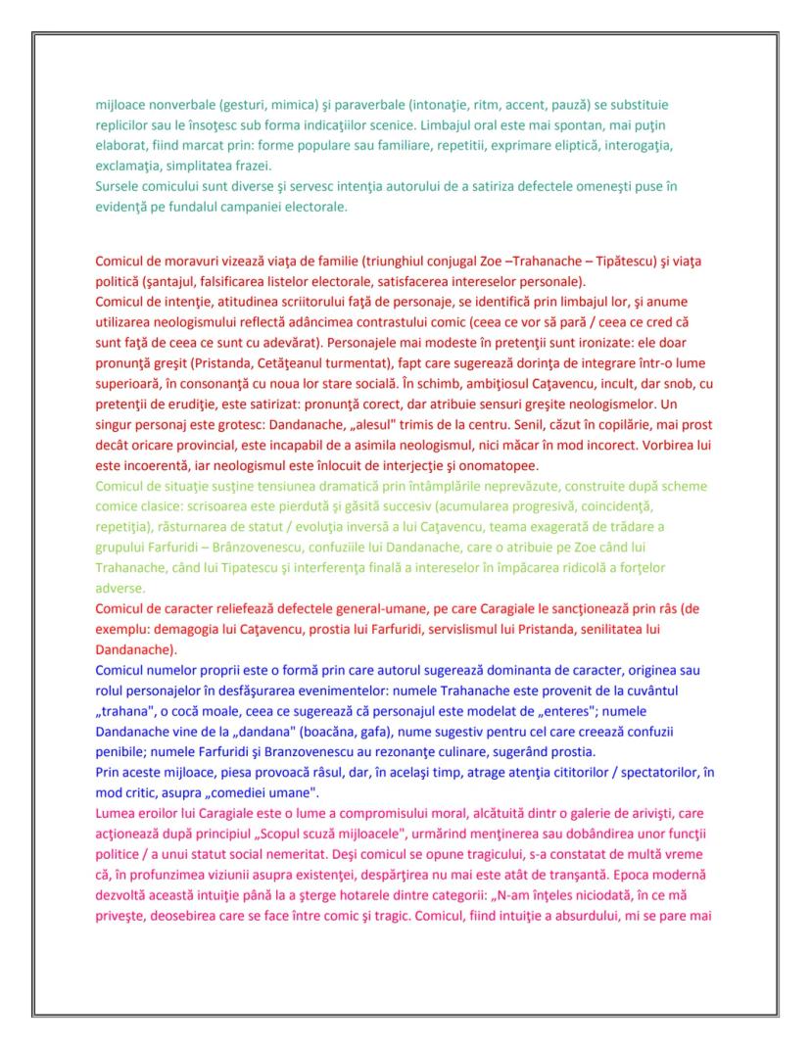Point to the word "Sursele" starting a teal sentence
(x=119, y=186)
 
